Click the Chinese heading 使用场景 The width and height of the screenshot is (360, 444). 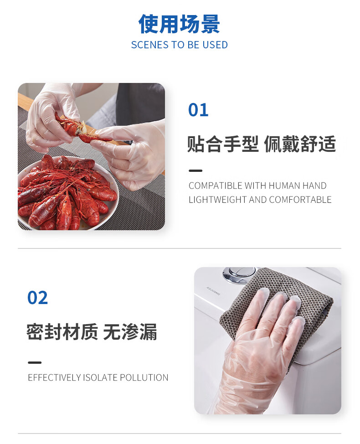click(179, 24)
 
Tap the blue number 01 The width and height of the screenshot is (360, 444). click(198, 110)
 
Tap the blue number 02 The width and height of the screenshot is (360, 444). click(37, 297)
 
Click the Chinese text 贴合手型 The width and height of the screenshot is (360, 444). click(223, 144)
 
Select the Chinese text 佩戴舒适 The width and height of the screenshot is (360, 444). click(300, 144)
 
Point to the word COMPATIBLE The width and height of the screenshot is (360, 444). click(215, 186)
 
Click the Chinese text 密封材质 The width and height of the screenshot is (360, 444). click(62, 331)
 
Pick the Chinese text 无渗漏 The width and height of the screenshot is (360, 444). click(130, 331)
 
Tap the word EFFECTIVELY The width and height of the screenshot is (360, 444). click(54, 377)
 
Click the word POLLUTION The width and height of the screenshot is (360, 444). click(144, 377)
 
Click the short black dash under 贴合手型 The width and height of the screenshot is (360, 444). click(195, 171)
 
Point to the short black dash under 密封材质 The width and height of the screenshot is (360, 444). click(35, 362)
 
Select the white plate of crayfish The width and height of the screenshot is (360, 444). click(67, 192)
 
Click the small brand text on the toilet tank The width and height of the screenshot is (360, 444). click(213, 291)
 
